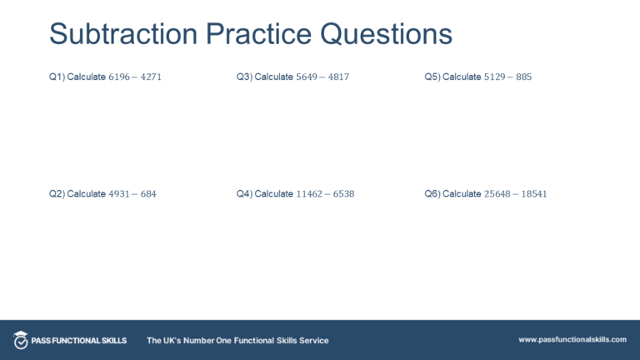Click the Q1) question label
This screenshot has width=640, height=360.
point(57,77)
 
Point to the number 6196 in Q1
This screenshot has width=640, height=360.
point(120,77)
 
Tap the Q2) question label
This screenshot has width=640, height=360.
point(57,193)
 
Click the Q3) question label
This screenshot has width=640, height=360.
point(244,77)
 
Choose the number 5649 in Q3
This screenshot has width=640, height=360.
point(307,77)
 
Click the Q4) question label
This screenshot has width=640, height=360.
point(244,193)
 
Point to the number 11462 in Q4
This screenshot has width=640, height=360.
point(310,193)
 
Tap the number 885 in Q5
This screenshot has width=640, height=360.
point(523,77)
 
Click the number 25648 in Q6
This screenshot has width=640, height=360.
point(497,193)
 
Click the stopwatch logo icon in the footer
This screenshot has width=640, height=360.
point(21,340)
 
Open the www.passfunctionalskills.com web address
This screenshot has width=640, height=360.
point(572,340)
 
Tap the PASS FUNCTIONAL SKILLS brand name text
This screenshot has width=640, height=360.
point(80,340)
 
